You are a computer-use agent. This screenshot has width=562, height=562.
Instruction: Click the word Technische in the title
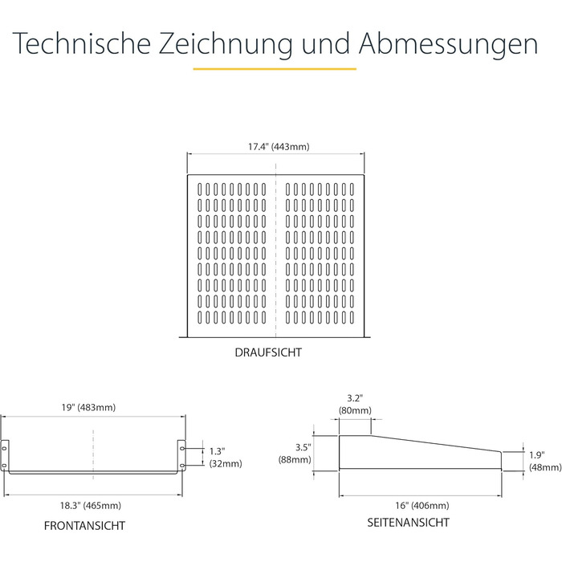coord(82,43)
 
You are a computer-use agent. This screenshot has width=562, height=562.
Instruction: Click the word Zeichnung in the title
coord(225,44)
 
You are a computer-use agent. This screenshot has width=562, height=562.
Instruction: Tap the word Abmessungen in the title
coord(448,44)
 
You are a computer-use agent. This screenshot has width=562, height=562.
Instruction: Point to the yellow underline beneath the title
coord(275,68)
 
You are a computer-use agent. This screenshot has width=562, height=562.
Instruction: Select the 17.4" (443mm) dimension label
coord(279,147)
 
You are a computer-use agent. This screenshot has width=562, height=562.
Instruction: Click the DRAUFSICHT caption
coord(268,352)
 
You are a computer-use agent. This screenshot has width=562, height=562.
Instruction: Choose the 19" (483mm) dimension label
coord(88,408)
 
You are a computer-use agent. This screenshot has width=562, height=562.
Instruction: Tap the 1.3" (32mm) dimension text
coord(226,457)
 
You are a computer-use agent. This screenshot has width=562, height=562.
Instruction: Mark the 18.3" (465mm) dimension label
coord(90,506)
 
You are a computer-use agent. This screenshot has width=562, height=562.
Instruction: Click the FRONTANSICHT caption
coord(84,526)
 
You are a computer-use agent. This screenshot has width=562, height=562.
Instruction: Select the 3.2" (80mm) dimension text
coord(355,405)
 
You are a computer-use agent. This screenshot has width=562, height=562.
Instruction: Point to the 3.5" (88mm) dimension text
coord(295,454)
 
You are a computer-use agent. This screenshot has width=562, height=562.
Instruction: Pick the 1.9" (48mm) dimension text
coord(545,462)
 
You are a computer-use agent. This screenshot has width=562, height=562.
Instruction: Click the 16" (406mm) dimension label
coord(422,506)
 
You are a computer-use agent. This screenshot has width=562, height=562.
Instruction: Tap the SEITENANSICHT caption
coord(408,523)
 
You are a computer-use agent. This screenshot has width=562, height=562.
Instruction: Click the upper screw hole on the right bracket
coord(182,448)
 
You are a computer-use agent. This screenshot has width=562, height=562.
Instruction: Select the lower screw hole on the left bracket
coord(4,466)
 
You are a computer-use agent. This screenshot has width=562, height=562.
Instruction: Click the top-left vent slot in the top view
coord(200,189)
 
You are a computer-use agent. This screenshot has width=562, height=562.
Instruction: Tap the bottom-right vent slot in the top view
coord(352,318)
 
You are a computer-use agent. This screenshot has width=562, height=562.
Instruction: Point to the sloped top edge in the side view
coord(436,444)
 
